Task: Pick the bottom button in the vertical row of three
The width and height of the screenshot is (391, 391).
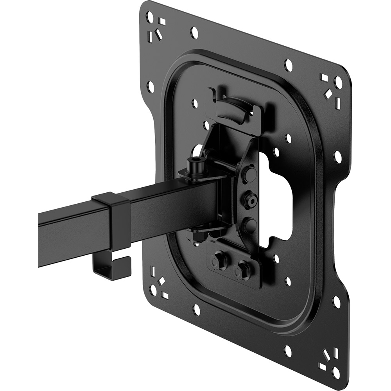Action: point(249,225)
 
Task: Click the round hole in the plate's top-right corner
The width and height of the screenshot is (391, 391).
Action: point(339,83)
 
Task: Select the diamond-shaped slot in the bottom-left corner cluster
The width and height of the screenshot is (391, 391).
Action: point(161,282)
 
